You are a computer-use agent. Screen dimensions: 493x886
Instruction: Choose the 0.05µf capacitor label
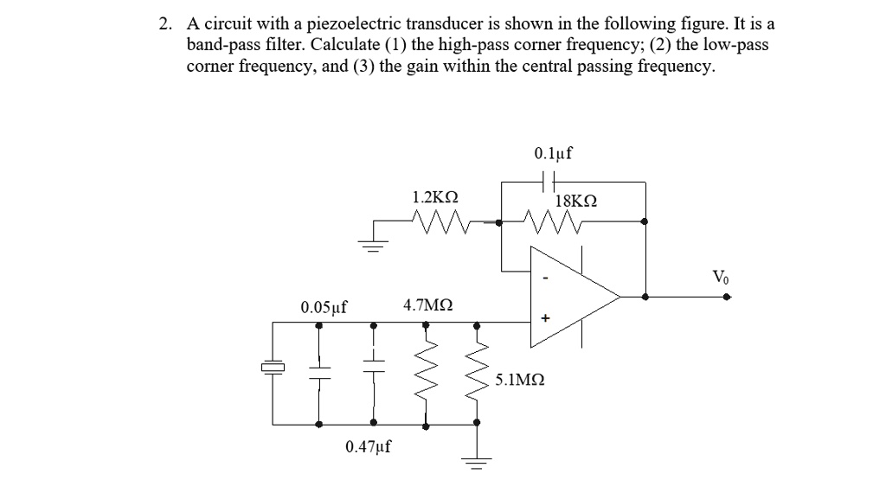click(324, 307)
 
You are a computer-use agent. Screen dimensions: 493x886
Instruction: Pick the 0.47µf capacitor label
click(368, 446)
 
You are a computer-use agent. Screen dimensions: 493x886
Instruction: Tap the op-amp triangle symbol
click(571, 297)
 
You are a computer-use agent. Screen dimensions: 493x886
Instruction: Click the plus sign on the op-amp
click(545, 318)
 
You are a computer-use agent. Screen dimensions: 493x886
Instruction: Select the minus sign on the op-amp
click(545, 279)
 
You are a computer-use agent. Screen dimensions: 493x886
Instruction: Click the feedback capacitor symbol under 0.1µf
click(548, 182)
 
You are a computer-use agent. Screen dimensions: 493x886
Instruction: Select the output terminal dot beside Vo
click(727, 297)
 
